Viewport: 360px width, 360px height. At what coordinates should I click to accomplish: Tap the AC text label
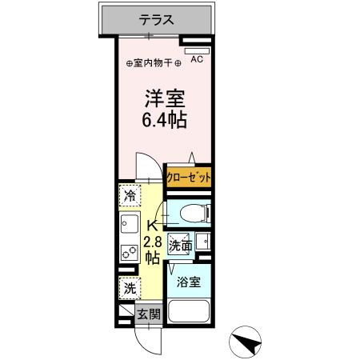pos(197,58)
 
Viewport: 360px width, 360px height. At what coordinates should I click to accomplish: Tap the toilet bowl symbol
pos(188,213)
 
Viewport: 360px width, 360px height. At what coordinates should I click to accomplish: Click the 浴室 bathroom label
pos(189,282)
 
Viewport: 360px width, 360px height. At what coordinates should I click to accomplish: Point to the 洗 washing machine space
pos(130,288)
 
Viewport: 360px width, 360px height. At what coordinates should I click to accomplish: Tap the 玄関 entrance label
pos(149,314)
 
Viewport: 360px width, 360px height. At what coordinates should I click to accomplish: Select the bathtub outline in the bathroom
pos(189,314)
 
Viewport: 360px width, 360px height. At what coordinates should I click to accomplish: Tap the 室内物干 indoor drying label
pos(152,63)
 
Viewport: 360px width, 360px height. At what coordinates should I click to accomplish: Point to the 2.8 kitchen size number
pos(152,242)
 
